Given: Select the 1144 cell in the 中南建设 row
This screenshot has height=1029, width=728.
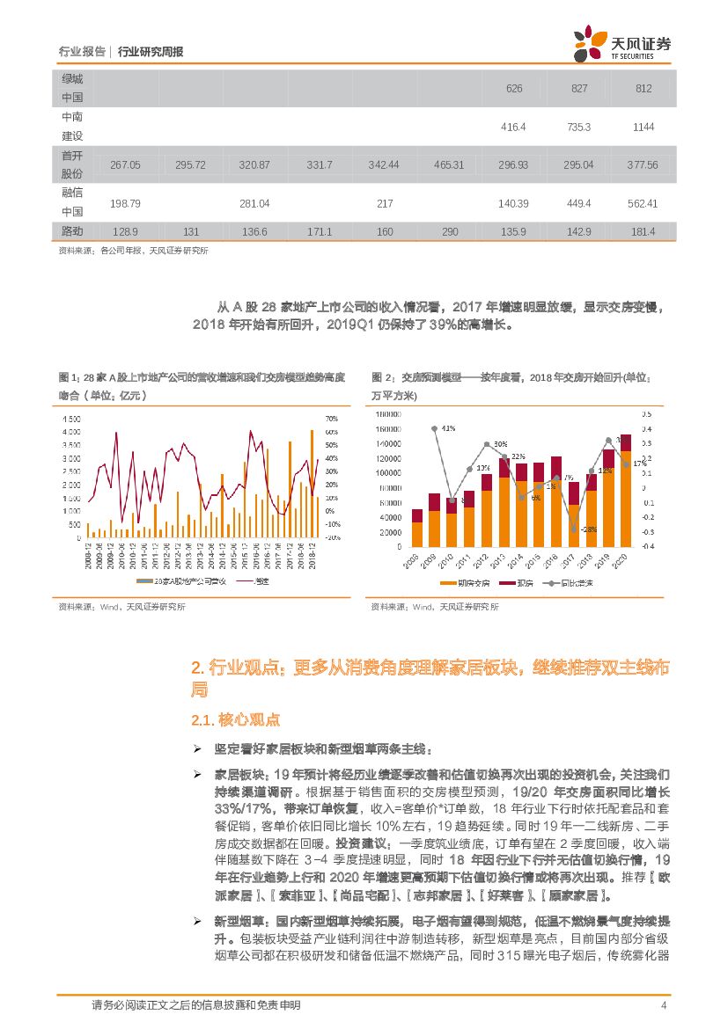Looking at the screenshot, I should tap(643, 127).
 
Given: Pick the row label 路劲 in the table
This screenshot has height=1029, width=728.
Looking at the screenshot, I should tap(72, 230).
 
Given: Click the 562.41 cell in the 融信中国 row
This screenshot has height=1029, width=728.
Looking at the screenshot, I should tap(643, 203).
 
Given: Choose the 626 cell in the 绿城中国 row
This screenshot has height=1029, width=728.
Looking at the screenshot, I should tap(514, 89).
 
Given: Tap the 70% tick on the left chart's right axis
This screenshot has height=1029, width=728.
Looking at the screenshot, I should tap(332, 420).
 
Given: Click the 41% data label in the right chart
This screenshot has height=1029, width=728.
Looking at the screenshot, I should tap(447, 428).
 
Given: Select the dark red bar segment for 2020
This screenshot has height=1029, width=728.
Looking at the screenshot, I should tap(626, 442).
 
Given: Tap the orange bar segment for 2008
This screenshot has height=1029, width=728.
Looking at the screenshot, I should tap(417, 535).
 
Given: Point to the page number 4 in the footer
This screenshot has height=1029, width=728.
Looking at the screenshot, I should tap(662, 1006).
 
